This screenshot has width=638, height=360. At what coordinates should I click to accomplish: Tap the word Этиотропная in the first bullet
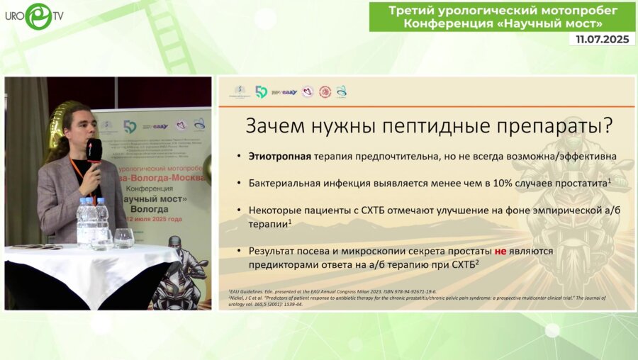click(278, 155)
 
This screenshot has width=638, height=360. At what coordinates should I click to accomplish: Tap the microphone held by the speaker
click(93, 150)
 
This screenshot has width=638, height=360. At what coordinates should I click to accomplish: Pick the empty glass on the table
click(124, 238)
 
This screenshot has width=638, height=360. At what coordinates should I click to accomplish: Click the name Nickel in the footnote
click(238, 297)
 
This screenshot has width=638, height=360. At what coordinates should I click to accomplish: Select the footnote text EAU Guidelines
click(245, 291)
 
